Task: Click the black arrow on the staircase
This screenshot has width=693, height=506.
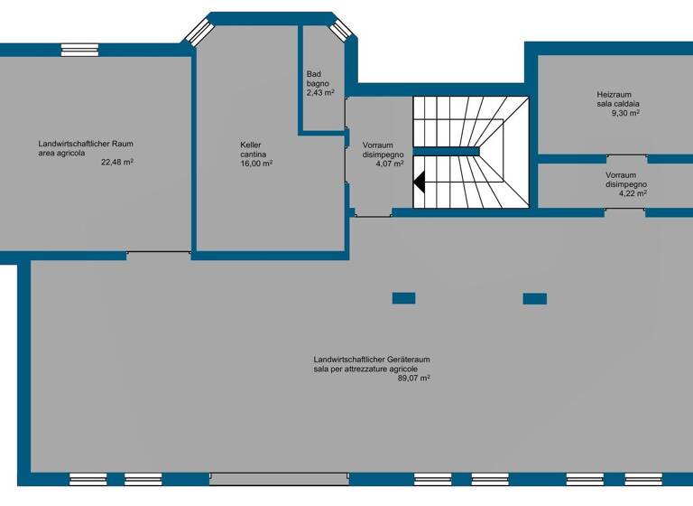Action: [x=420, y=183]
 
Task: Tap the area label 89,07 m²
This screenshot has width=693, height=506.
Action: [x=413, y=379]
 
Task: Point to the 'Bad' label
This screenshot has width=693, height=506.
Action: [x=313, y=74]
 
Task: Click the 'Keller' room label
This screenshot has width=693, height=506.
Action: [x=251, y=145]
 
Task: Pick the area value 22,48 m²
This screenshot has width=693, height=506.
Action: [x=117, y=163]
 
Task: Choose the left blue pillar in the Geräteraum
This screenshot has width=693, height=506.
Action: [x=403, y=298]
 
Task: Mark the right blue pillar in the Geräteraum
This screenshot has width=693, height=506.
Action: [x=534, y=298]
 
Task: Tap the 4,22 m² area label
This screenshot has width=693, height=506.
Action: [x=631, y=193]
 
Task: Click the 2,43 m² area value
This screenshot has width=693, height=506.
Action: [x=320, y=93]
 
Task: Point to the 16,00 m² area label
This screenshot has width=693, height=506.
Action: [x=256, y=164]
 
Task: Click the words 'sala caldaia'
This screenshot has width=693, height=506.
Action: [x=618, y=104]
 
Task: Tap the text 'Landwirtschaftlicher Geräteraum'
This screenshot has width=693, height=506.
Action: [x=372, y=360]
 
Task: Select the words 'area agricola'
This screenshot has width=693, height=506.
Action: [x=62, y=154]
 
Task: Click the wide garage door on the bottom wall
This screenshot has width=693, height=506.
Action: [x=279, y=478]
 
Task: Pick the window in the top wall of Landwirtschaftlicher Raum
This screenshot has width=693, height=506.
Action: [x=79, y=51]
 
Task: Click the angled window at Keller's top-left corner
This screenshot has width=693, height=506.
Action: [x=197, y=32]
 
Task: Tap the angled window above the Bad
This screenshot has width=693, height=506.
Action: [x=340, y=30]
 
